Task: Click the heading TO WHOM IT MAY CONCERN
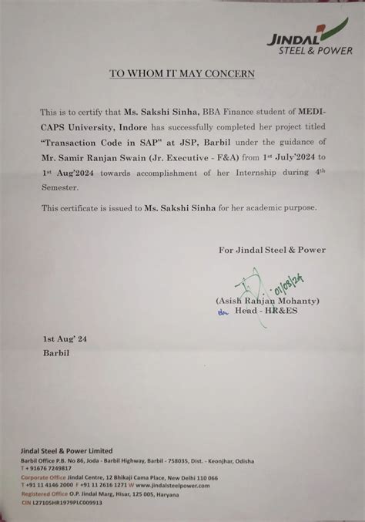tap(182, 74)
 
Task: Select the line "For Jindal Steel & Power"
tap(272, 249)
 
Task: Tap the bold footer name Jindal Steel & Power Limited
tap(66, 450)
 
